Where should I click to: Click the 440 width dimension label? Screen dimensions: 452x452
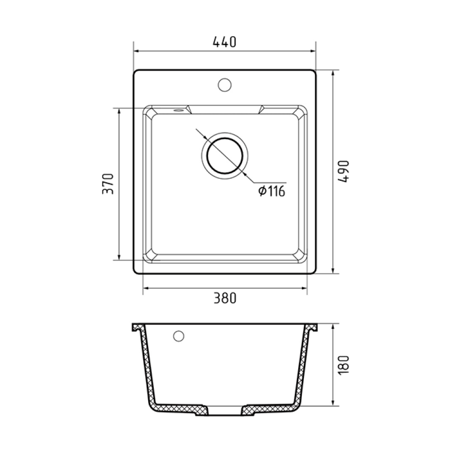[x=224, y=42]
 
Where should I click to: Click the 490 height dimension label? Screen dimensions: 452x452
[x=344, y=172]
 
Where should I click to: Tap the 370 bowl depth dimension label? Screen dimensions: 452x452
[x=108, y=184]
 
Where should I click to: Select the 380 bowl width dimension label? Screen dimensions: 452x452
[x=225, y=298]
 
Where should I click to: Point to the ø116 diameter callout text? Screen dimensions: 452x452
[x=272, y=191]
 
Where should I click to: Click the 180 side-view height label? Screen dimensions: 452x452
[x=344, y=365]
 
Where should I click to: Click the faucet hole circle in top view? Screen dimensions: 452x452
[x=224, y=85]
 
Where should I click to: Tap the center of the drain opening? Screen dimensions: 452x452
[x=225, y=156]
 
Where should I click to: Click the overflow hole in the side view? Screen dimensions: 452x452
[x=179, y=336]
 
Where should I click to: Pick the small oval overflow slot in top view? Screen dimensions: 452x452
[x=178, y=110]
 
